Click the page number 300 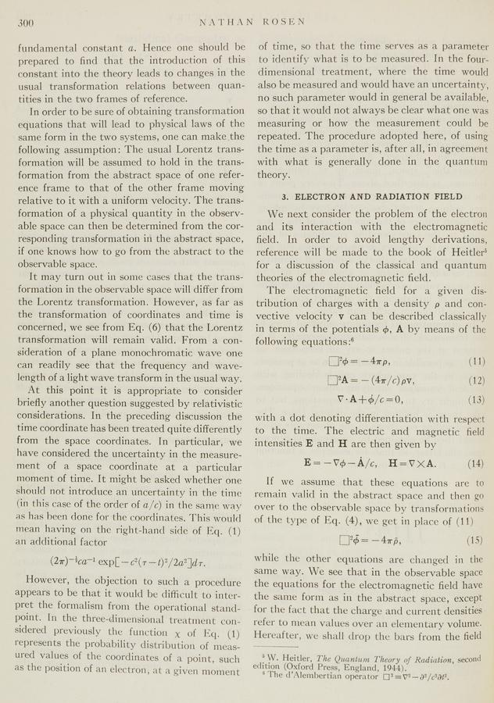pos(29,24)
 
